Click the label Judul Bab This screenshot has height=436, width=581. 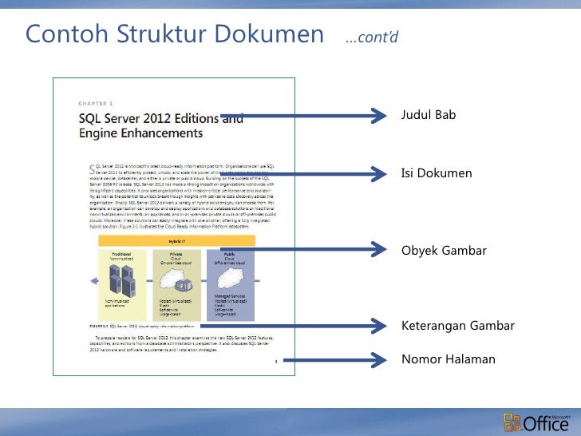pyautogui.click(x=428, y=116)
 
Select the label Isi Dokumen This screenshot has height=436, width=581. pyautogui.click(x=436, y=173)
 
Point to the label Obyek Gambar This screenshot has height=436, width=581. pyautogui.click(x=443, y=251)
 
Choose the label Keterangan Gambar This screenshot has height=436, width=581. pyautogui.click(x=457, y=326)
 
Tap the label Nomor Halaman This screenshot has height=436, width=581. pyautogui.click(x=448, y=359)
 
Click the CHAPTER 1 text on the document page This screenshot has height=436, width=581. pyautogui.click(x=96, y=104)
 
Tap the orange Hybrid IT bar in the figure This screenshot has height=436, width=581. pyautogui.click(x=176, y=240)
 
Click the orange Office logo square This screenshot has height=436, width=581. pyautogui.click(x=512, y=422)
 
